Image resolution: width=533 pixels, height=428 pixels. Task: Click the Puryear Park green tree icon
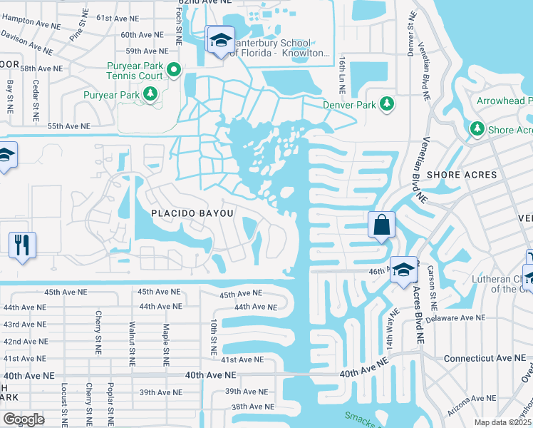tap(150, 93)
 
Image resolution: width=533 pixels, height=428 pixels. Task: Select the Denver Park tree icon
tap(387, 104)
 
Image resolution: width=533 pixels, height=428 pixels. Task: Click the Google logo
tap(24, 419)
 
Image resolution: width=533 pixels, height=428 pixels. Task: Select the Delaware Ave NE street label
tap(456, 317)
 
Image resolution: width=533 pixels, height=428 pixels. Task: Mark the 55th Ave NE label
tap(68, 126)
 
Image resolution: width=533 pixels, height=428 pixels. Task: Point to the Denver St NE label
tap(411, 36)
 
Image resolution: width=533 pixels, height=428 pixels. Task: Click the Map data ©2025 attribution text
tap(502, 422)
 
